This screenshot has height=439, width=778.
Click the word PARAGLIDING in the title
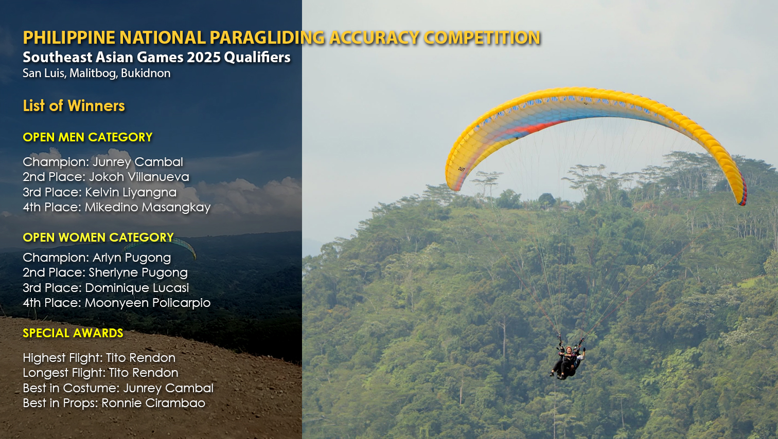coord(267,38)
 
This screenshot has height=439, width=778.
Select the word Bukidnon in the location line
coord(146,73)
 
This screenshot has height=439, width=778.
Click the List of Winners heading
coord(74,106)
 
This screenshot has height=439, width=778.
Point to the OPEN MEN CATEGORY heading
coord(87,137)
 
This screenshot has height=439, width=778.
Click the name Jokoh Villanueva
coord(139,177)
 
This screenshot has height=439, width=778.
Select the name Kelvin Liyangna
coord(131,192)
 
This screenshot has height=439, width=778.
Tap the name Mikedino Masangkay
coord(148,207)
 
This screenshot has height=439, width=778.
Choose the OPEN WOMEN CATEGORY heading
coord(98,237)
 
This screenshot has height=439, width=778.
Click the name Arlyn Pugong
coord(132,258)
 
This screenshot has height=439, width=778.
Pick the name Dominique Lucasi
coord(137,288)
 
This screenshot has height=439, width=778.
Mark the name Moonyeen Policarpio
coord(148,303)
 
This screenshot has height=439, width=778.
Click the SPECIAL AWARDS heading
coord(73,333)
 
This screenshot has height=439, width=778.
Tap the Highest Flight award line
coord(99,358)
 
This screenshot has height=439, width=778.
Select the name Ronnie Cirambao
coord(153,403)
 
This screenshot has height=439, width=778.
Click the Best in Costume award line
coord(118,388)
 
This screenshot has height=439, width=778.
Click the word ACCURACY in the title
coord(374,38)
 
